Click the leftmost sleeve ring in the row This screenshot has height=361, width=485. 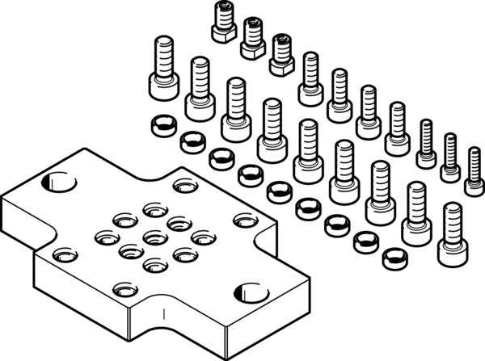pos(160,124)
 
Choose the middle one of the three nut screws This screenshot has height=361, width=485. pos(251,36)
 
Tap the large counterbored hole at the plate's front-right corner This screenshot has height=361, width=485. pos(247,292)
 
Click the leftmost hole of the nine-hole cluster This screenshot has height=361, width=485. pos(103,236)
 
